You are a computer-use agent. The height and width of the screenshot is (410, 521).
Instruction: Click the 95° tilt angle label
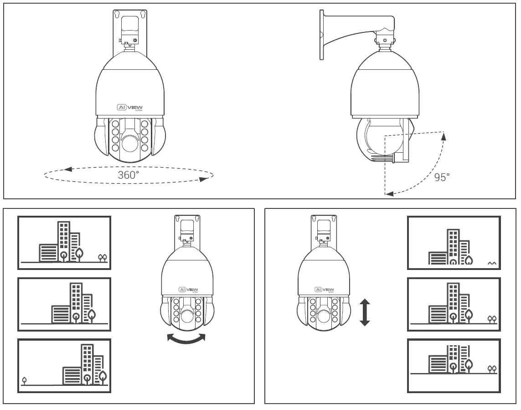pyautogui.click(x=442, y=177)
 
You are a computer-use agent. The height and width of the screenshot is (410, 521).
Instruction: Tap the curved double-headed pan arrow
pyautogui.click(x=186, y=339)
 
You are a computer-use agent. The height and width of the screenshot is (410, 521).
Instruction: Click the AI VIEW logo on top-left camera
pyautogui.click(x=130, y=108)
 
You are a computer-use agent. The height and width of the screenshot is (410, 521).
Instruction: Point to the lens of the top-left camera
pyautogui.click(x=130, y=144)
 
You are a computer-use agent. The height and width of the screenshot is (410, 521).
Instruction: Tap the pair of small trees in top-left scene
pyautogui.click(x=103, y=258)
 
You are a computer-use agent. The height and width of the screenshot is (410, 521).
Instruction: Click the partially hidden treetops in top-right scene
pyautogui.click(x=491, y=263)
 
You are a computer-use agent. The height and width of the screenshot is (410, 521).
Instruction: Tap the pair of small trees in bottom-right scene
pyautogui.click(x=492, y=368)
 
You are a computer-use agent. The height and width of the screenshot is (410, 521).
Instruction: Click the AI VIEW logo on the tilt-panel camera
pyautogui.click(x=324, y=290)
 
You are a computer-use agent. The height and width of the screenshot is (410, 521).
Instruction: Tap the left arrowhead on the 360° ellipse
pyautogui.click(x=68, y=170)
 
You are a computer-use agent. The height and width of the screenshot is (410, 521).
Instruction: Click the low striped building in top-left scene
pyautogui.click(x=48, y=252)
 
